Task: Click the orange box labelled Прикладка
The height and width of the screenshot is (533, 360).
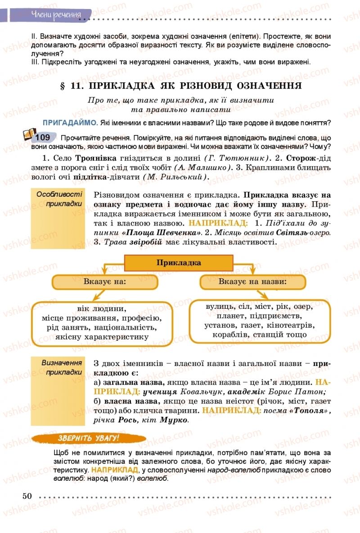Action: [179, 263]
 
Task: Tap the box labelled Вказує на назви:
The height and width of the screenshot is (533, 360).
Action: [252, 282]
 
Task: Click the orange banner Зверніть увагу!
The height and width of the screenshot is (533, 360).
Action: [89, 438]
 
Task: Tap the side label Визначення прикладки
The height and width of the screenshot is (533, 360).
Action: [62, 367]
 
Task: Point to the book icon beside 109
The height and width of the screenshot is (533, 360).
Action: [28, 135]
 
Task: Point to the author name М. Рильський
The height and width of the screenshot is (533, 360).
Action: [176, 177]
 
